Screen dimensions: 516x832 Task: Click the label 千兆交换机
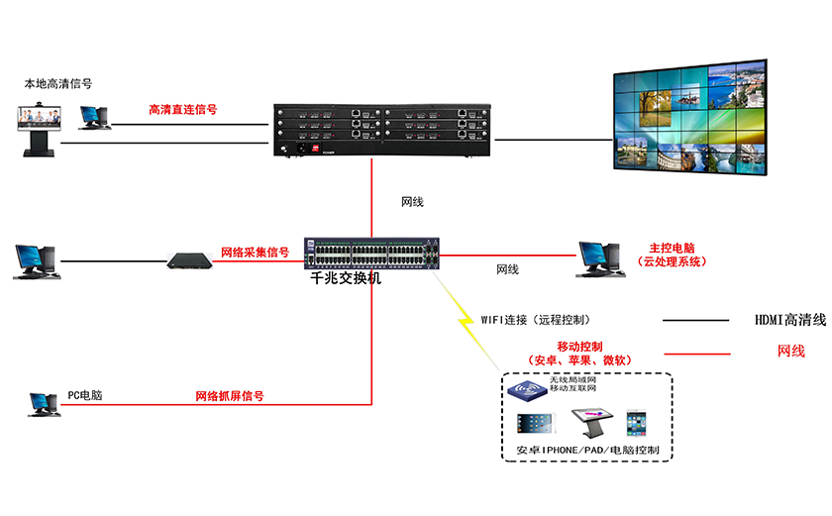coord(347,279)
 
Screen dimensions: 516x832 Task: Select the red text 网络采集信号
coord(255,253)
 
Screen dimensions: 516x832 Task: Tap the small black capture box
coord(189,260)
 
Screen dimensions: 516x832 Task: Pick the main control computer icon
coord(598,258)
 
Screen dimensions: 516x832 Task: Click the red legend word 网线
coord(790,352)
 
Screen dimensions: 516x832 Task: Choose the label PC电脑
coord(84,395)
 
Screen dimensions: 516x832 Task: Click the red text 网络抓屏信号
coord(229,396)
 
